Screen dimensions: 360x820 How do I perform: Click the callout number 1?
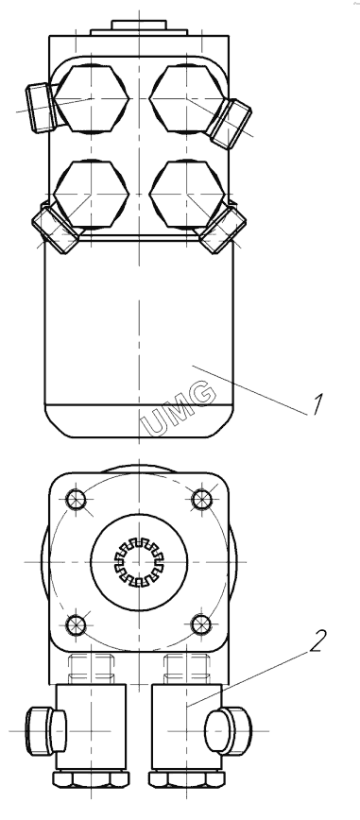317,404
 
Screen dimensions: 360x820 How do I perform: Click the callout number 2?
317,641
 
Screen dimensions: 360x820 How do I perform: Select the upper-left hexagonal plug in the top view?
91,98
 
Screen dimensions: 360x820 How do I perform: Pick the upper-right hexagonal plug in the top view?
187,98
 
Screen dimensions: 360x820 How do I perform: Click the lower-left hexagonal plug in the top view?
91,194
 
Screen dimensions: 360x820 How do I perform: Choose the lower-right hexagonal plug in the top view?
187,194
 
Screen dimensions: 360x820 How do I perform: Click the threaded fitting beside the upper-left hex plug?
40,108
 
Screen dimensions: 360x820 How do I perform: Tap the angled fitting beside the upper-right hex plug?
230,124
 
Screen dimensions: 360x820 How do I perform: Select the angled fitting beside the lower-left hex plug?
55,229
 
